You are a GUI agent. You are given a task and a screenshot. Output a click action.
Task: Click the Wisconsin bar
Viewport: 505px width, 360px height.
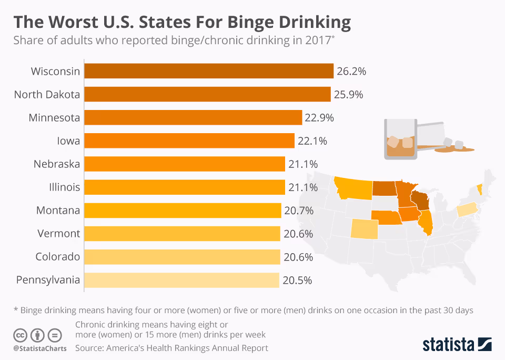[209, 71]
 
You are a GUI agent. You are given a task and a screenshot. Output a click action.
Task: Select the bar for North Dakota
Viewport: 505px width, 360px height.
[207, 94]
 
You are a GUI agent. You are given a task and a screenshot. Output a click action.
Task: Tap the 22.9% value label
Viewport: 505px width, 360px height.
[319, 117]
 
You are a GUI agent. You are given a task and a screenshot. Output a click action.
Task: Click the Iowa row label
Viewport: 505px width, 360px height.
[68, 141]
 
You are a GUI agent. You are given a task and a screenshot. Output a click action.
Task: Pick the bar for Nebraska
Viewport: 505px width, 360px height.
[184, 164]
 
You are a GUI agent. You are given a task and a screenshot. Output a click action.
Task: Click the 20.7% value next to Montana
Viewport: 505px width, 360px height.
[299, 211]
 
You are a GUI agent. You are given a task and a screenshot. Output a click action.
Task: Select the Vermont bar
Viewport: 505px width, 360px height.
[182, 234]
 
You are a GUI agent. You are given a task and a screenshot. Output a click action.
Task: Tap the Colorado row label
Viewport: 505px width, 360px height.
[58, 257]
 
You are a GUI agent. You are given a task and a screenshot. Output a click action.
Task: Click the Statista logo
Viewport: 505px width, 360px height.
[457, 344]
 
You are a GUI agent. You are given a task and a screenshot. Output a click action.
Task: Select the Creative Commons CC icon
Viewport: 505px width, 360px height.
[20, 334]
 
